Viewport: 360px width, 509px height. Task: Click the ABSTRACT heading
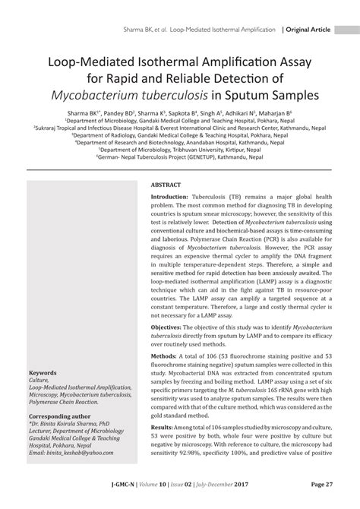pos(166,185)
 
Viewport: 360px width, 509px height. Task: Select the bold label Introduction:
pos(171,197)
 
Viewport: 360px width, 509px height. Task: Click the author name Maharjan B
pos(276,112)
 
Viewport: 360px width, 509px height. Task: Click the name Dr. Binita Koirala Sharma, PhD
pos(68,426)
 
